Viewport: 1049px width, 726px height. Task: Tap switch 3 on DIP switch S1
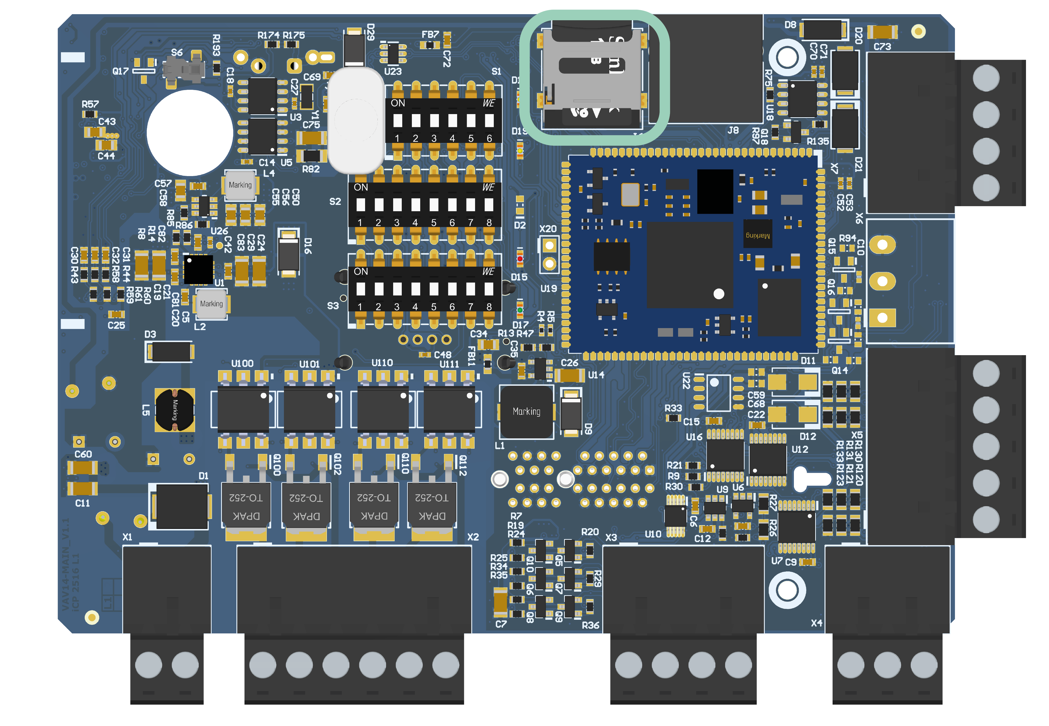pyautogui.click(x=434, y=121)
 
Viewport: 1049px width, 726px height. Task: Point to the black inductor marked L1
pyautogui.click(x=526, y=412)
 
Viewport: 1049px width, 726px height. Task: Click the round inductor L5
pyautogui.click(x=175, y=410)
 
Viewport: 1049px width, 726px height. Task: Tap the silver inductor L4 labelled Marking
pyautogui.click(x=240, y=185)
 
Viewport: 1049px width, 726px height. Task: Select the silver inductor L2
pyautogui.click(x=211, y=304)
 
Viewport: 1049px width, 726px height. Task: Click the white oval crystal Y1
pyautogui.click(x=356, y=121)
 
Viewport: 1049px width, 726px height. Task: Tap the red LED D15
pyautogui.click(x=520, y=258)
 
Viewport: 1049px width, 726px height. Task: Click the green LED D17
pyautogui.click(x=520, y=310)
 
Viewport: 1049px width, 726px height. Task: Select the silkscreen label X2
pyautogui.click(x=473, y=537)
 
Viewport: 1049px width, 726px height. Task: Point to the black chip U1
pyautogui.click(x=198, y=269)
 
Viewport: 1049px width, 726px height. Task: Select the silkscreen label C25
pyautogui.click(x=116, y=325)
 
